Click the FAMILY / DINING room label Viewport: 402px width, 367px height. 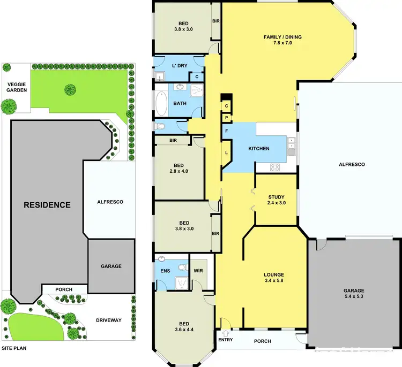point(282,41)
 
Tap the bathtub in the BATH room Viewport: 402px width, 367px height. point(161,103)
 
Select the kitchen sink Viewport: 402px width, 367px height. point(291,143)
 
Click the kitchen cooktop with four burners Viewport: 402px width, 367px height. point(276,167)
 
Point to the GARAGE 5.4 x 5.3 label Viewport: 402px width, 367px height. point(353,294)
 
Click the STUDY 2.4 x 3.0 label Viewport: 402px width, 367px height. point(277,200)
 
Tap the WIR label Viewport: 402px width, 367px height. point(197,270)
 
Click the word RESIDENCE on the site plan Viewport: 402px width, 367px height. point(47,204)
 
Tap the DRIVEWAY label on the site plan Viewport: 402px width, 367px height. point(109,320)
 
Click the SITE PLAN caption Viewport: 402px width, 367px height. point(13,348)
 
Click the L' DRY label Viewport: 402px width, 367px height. point(178,66)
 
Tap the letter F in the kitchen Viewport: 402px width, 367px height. point(226,131)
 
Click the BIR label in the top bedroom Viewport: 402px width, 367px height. point(216,21)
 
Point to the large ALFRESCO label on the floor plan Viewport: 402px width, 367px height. point(351,165)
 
